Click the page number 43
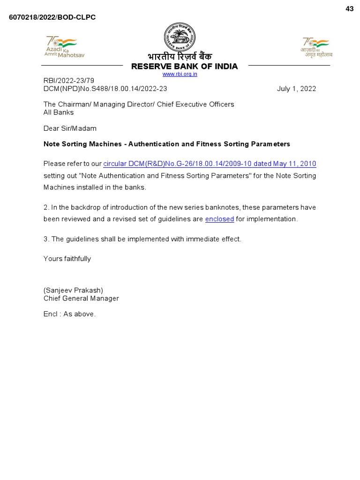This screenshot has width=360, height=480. (350, 9)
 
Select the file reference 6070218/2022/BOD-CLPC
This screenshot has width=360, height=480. (52, 17)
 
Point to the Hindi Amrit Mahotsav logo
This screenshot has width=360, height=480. (316, 47)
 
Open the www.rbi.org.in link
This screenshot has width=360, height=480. (180, 74)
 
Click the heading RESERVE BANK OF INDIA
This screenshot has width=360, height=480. (184, 66)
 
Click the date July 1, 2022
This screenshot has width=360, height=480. (296, 89)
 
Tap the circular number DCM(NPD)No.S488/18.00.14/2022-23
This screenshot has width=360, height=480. (105, 89)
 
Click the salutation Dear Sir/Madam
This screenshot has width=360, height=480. (70, 128)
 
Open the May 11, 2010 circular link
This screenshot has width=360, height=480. (210, 164)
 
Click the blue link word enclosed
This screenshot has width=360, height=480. (219, 219)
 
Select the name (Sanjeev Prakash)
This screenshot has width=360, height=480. (73, 290)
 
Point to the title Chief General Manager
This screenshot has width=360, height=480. (81, 299)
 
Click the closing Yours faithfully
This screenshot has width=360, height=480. (67, 259)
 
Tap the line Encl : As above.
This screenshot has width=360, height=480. (69, 314)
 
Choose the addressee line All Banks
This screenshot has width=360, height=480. (59, 112)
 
